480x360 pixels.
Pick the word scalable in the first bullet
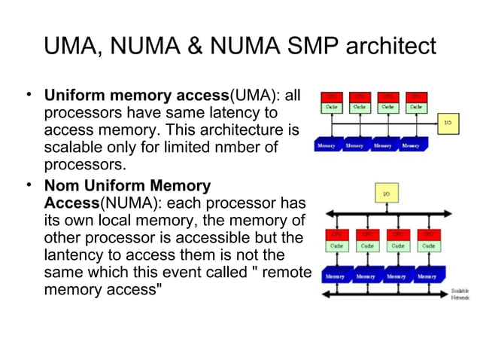tap(74, 147)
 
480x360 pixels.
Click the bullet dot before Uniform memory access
tap(28, 94)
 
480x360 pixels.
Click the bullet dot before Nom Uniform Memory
tap(28, 184)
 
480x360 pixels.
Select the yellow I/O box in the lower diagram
tap(385, 194)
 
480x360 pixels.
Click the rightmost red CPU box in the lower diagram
tap(427, 233)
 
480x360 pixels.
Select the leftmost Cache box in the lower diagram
tap(335, 245)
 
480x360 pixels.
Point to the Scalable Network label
tap(460, 294)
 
